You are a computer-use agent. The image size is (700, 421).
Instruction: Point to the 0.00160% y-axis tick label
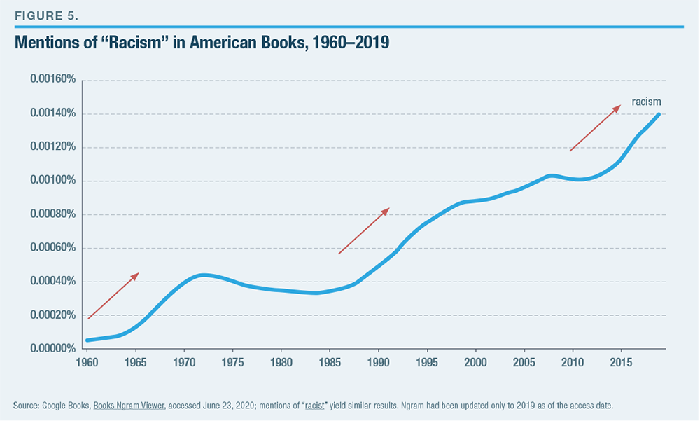[52, 80]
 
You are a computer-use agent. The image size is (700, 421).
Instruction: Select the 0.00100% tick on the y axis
[52, 181]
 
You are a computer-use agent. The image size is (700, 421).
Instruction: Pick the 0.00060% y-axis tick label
[52, 248]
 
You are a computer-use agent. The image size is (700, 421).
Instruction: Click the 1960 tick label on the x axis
[87, 362]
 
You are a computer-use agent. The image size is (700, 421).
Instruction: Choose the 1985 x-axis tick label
[330, 362]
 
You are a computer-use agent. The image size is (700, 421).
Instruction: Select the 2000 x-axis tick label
[476, 362]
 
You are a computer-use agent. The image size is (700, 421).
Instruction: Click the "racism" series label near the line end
[646, 102]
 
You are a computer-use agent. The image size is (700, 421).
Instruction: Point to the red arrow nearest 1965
[113, 296]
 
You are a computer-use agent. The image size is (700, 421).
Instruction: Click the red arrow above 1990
[363, 230]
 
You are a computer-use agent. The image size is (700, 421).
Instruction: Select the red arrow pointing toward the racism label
[595, 128]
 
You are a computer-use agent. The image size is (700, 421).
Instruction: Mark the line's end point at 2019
[659, 114]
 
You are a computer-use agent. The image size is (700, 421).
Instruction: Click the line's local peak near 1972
[203, 275]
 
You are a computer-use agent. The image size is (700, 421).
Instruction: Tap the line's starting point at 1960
[87, 340]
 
